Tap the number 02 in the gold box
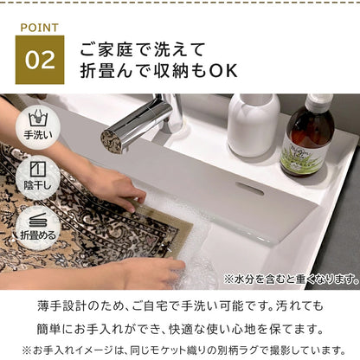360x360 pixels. (41, 59)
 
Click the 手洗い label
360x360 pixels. (38, 135)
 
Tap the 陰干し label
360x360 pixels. (38, 187)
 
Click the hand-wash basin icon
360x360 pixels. (38, 117)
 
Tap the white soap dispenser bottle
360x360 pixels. (253, 121)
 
